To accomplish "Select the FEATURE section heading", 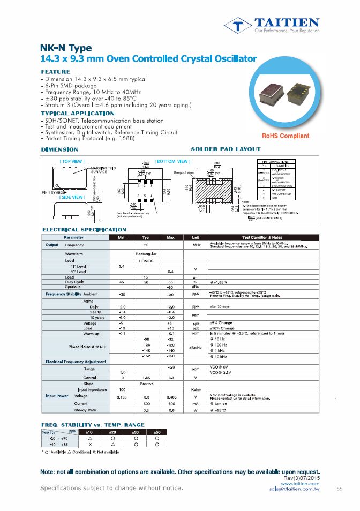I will coord(56,72).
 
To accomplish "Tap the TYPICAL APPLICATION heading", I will coord(78,114).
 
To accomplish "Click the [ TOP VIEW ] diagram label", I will coord(71,161).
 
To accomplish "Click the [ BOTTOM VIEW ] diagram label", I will coord(172,161).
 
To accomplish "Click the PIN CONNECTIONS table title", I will coord(279,161).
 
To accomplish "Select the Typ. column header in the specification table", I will coord(146,237).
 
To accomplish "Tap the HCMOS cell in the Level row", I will coord(146,260).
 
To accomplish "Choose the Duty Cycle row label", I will coord(74,282).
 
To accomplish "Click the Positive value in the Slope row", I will coord(146,382).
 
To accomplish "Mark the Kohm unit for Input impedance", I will coord(196,389).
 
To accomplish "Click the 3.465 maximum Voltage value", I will coord(171,397).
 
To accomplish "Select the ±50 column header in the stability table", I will coord(157,431).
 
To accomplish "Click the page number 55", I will coord(340,489).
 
